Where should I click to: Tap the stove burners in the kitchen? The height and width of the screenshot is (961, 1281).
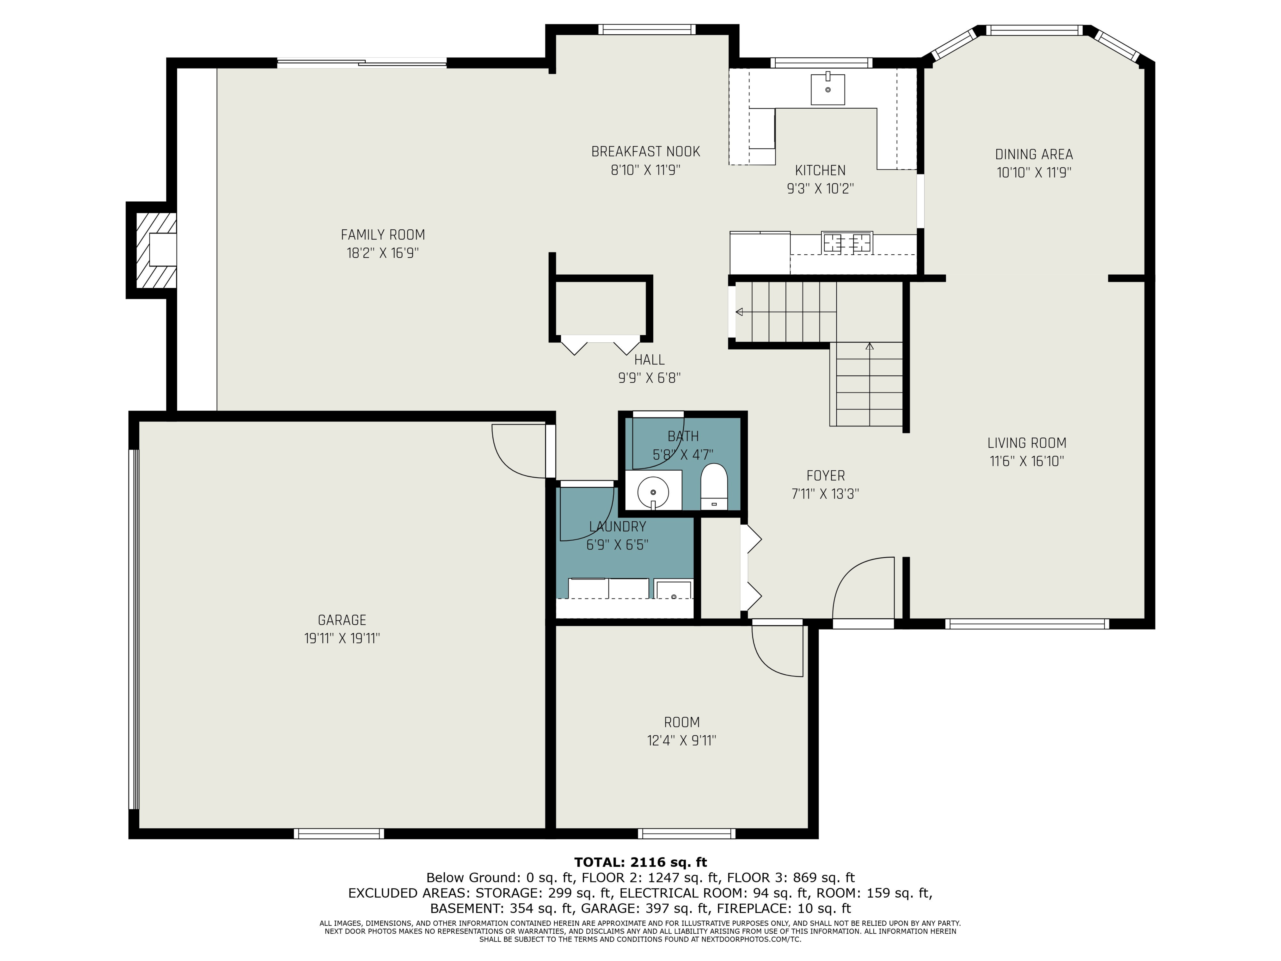click(847, 242)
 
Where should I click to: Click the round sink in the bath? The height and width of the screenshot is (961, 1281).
click(653, 492)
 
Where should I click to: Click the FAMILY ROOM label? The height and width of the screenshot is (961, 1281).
click(383, 234)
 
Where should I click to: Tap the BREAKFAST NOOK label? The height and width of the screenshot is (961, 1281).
click(646, 152)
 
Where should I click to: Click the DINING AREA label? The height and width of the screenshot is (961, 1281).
click(1034, 155)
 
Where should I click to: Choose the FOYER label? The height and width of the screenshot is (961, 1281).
click(825, 476)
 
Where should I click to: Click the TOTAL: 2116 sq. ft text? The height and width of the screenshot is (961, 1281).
click(640, 862)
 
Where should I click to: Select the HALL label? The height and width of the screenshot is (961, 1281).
click(649, 360)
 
